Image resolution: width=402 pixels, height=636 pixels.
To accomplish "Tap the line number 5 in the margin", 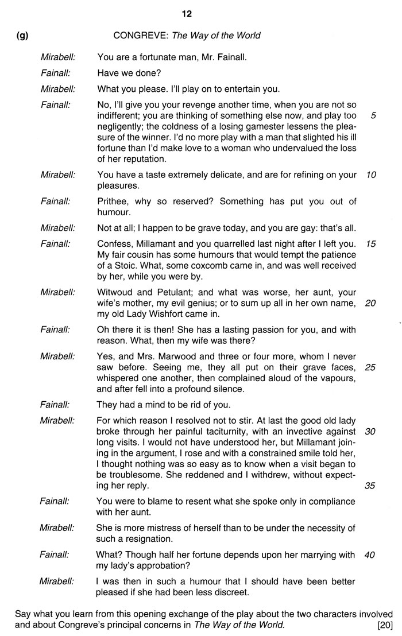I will (373, 115).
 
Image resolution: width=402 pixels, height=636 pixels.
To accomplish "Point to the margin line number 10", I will (371, 175).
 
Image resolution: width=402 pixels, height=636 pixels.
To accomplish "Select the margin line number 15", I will (371, 244).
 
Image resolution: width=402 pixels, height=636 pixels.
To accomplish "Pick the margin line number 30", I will (371, 431).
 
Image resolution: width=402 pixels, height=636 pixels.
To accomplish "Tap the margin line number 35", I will (371, 486).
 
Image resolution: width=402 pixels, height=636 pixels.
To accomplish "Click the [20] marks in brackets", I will (384, 625).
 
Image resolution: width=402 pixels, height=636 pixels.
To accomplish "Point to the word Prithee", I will (114, 201).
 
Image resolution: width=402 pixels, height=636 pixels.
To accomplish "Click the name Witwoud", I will (117, 292).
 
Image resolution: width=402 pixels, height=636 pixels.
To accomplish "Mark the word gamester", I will (247, 127).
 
